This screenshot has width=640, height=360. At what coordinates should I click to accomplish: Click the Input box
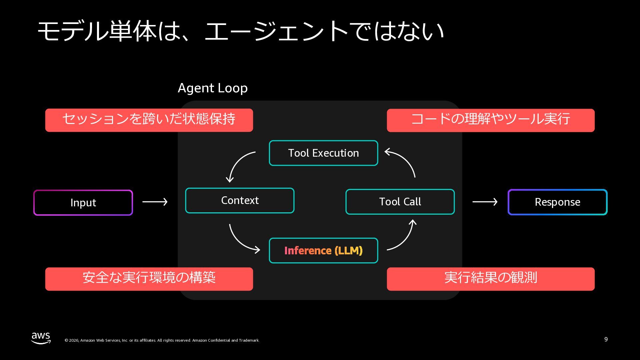click(x=83, y=203)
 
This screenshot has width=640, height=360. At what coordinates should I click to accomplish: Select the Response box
click(x=557, y=202)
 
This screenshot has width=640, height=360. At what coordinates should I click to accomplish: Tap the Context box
click(x=240, y=200)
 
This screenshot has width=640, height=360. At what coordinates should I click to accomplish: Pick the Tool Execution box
click(x=323, y=153)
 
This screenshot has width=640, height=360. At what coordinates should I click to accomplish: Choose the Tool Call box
click(x=400, y=202)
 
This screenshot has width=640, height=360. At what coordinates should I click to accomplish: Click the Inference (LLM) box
click(x=323, y=250)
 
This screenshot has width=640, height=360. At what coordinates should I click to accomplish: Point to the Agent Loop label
click(x=213, y=88)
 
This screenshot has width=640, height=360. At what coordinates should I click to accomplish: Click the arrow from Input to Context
click(x=155, y=202)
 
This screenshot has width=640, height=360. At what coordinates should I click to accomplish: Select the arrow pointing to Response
click(x=485, y=202)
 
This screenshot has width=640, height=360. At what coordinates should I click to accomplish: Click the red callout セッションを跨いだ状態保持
click(x=149, y=120)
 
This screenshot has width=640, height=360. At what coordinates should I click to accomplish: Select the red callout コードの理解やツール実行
click(x=491, y=120)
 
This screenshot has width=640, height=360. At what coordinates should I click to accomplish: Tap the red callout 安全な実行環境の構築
click(x=149, y=279)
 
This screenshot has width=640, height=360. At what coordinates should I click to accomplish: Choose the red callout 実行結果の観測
click(x=491, y=279)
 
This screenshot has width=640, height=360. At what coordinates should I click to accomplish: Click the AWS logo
click(x=41, y=338)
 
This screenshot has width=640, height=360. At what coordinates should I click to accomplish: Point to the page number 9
click(x=606, y=339)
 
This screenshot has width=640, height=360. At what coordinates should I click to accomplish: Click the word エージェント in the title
click(x=276, y=31)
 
